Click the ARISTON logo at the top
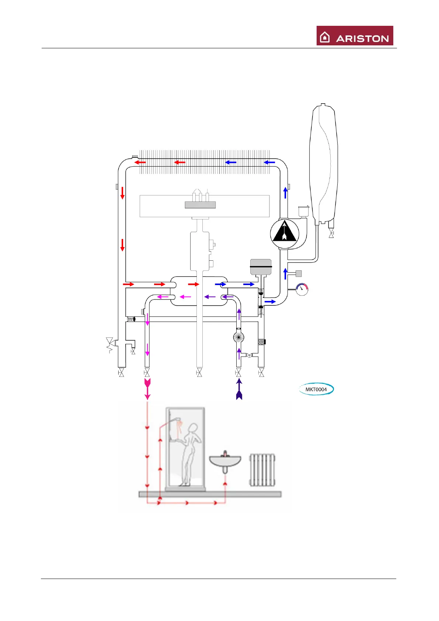pyautogui.click(x=355, y=36)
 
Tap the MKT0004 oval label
pyautogui.click(x=316, y=389)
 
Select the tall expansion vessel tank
pyautogui.click(x=324, y=162)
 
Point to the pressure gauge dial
pyautogui.click(x=302, y=289)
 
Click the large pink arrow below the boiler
pyautogui.click(x=147, y=388)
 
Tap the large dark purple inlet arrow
pyautogui.click(x=239, y=390)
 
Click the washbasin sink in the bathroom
pyautogui.click(x=225, y=461)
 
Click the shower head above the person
pyautogui.click(x=178, y=419)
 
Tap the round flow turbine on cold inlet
pyautogui.click(x=239, y=337)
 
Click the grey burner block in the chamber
pyautogui.click(x=200, y=205)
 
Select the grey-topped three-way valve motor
pyautogui.click(x=261, y=267)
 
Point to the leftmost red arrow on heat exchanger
pyautogui.click(x=140, y=162)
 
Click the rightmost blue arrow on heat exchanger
pyautogui.click(x=269, y=162)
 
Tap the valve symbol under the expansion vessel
pyautogui.click(x=331, y=233)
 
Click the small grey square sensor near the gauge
pyautogui.click(x=299, y=273)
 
